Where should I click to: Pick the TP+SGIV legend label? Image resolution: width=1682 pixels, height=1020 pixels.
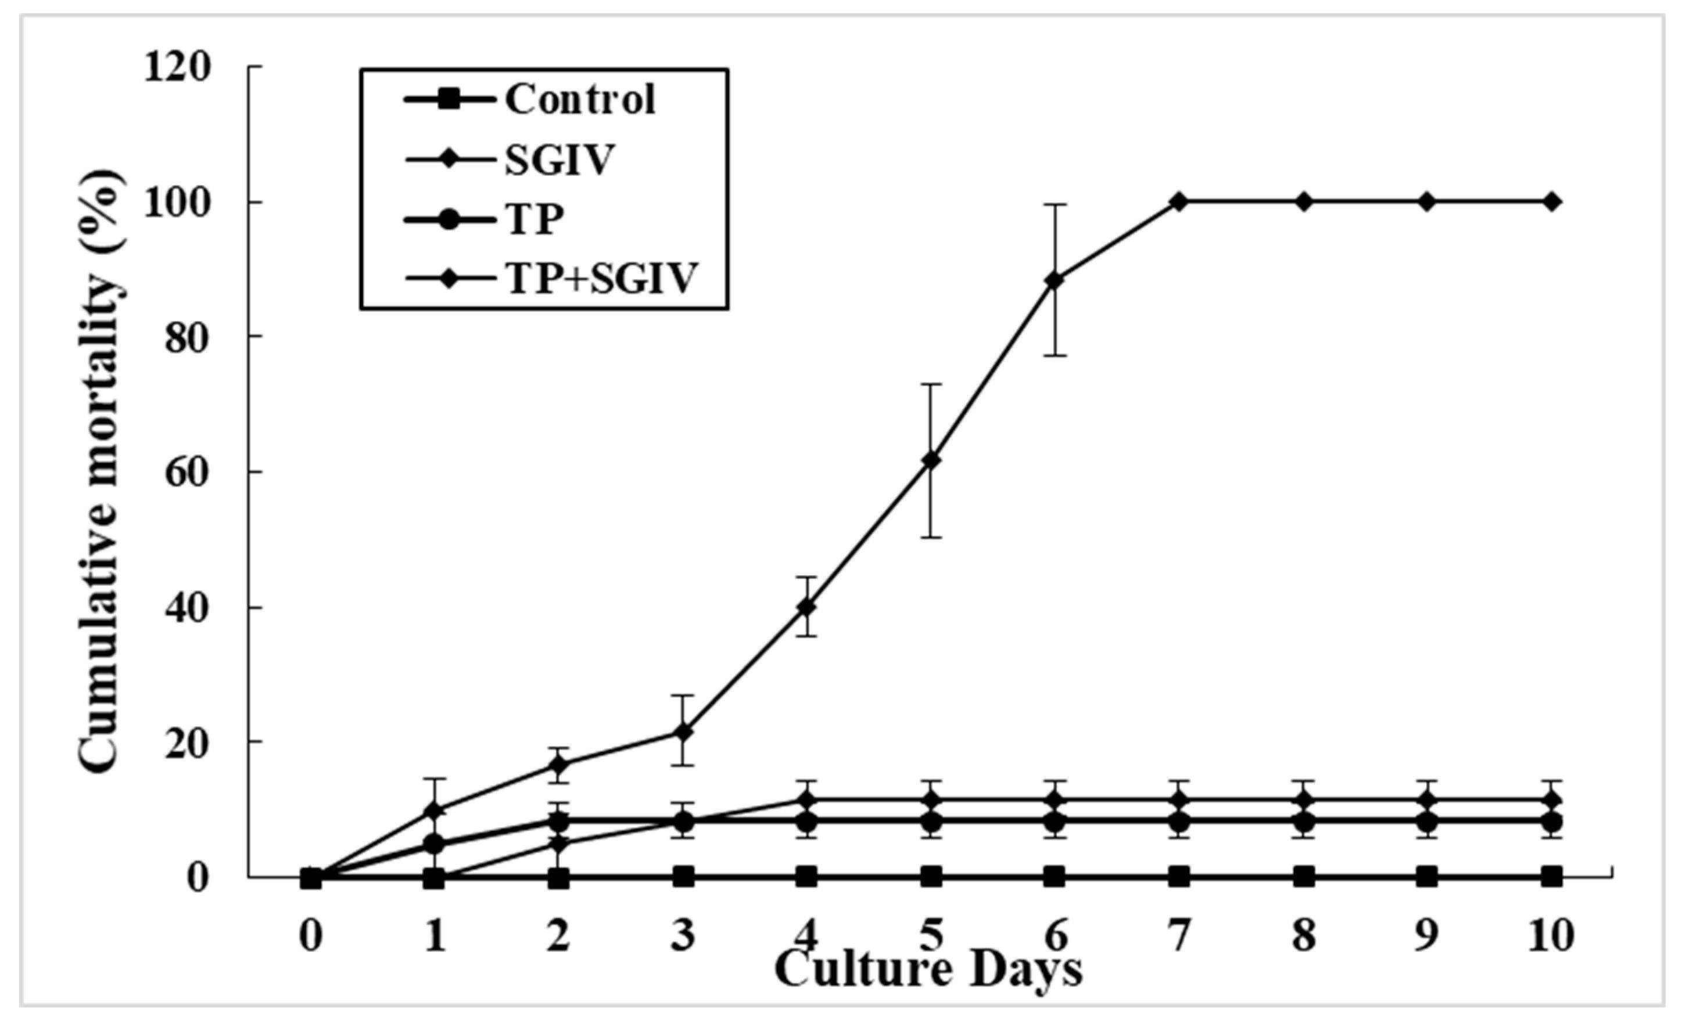coord(601,277)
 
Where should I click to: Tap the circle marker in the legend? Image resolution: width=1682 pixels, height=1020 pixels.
coord(449,219)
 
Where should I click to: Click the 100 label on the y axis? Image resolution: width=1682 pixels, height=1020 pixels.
coord(177,202)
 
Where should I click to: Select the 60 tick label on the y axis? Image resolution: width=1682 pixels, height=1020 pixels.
coord(187,471)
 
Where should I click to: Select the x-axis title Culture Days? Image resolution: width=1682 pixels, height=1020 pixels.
coord(928,969)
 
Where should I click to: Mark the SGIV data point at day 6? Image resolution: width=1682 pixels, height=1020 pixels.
coord(1055,280)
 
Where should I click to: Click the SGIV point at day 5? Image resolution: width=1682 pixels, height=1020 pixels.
coord(930,460)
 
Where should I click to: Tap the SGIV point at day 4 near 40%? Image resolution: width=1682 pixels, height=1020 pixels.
coord(806,607)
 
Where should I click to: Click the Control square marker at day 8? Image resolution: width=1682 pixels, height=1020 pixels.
coord(1303,877)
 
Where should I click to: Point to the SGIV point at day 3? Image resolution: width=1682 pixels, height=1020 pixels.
coord(683,732)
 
